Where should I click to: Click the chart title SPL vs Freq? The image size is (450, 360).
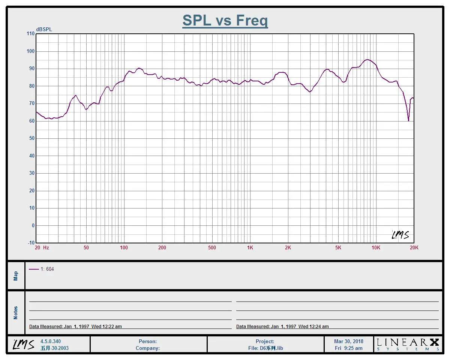tap(225, 20)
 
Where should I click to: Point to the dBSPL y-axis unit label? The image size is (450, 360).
tap(44, 30)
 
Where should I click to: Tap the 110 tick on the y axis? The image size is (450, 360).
tap(30, 34)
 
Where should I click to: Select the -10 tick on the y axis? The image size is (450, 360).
tap(30, 243)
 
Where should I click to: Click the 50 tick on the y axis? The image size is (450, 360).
tap(31, 138)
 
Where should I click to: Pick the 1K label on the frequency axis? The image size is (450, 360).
tap(250, 248)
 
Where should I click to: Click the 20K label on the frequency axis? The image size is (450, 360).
tap(414, 248)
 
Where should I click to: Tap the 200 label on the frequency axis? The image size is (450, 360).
tap(162, 248)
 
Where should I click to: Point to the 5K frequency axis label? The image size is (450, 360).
tap(338, 248)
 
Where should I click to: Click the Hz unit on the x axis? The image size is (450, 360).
tap(46, 248)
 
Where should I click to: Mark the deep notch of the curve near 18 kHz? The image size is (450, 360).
tap(408, 120)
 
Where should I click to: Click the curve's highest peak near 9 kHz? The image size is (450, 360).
tap(367, 60)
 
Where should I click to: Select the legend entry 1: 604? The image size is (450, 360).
tap(42, 269)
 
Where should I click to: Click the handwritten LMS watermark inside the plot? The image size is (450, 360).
tap(400, 235)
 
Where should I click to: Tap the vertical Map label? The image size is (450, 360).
tap(16, 276)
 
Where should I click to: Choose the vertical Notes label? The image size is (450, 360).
tap(16, 313)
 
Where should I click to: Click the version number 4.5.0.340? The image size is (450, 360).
tap(51, 341)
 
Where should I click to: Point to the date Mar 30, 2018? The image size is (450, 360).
tap(349, 341)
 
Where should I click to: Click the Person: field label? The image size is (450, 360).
tap(148, 341)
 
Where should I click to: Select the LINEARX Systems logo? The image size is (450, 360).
tap(408, 344)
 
